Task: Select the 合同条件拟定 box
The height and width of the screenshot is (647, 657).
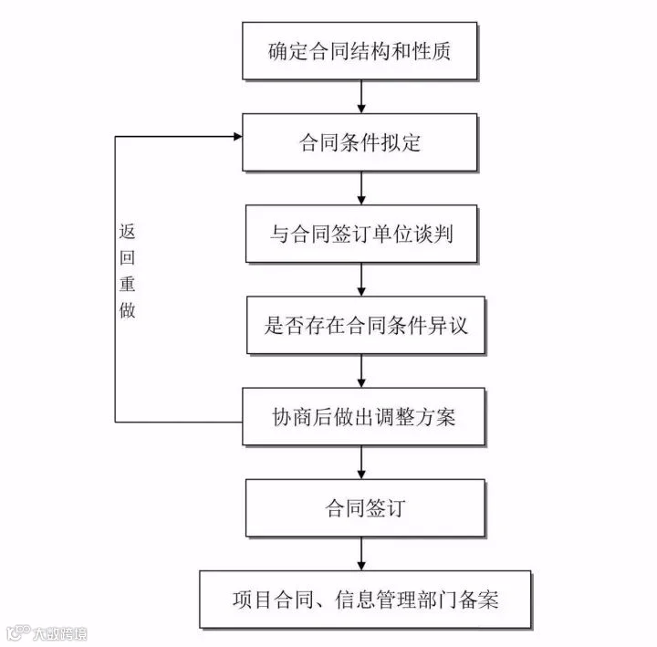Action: pos(360,142)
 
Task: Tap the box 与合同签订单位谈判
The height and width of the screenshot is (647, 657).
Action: pos(361,234)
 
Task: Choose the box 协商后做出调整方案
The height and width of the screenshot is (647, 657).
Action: pos(362,417)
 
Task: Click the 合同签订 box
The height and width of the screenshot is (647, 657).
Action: pos(362,507)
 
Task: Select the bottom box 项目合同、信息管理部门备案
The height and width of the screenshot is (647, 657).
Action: pos(364,600)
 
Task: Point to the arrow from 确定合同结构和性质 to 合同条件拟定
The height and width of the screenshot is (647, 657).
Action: pos(362,96)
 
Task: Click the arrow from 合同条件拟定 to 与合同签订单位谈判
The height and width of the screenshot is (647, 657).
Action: pos(362,188)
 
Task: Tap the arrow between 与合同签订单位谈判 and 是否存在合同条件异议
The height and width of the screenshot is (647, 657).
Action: pos(362,279)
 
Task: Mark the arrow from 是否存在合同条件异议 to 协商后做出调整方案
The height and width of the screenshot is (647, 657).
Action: pos(362,370)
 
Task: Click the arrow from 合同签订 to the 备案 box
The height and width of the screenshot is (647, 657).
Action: pos(362,553)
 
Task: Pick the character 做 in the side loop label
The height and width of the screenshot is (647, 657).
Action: pos(128,309)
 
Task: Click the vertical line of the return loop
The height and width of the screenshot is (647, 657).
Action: pos(115,365)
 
